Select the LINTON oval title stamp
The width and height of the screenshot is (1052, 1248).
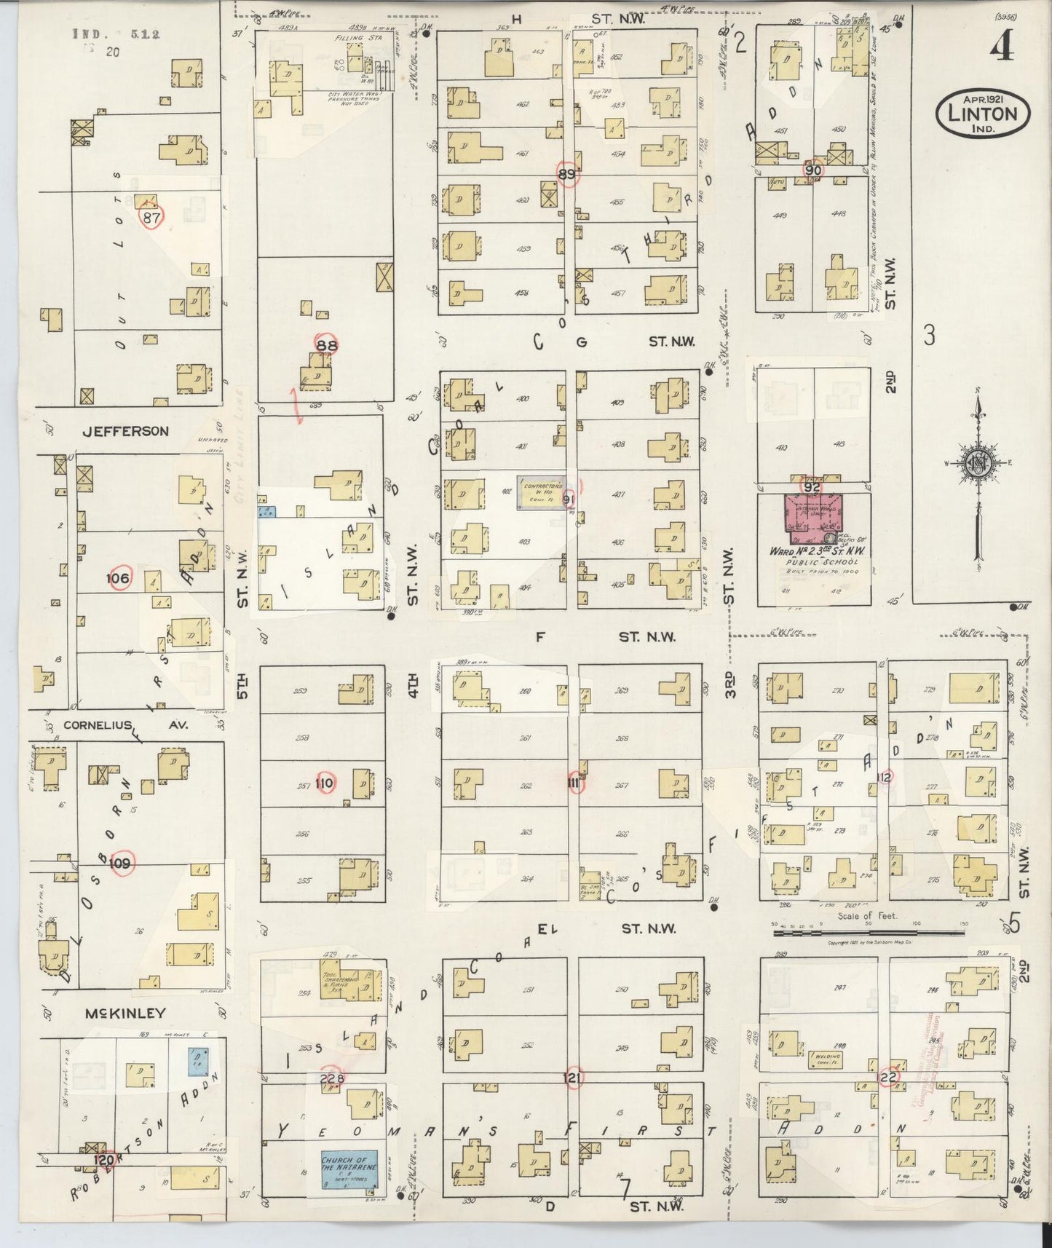(x=982, y=113)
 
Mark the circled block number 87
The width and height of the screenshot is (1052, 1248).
(x=151, y=217)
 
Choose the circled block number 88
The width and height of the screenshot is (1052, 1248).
(x=326, y=345)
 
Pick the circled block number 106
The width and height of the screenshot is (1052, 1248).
(x=118, y=578)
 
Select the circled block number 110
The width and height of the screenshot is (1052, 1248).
(x=324, y=783)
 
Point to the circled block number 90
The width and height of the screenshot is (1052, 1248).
(x=813, y=170)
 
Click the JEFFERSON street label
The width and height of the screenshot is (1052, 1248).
(x=125, y=431)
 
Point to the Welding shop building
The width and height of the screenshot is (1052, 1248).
(x=825, y=1059)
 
